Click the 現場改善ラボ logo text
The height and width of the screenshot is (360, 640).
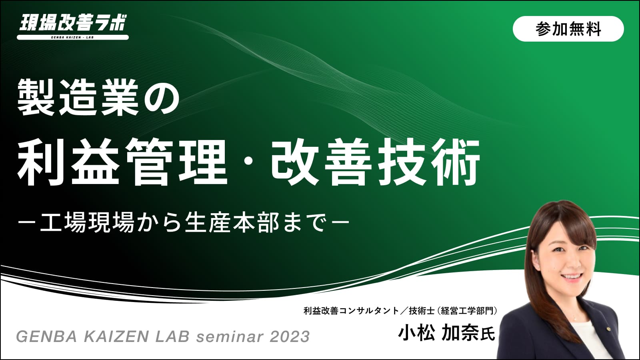pos(73,22)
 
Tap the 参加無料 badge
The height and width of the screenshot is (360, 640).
pos(568,29)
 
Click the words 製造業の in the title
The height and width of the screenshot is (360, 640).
pos(98,98)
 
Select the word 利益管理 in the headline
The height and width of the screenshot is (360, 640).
pos(122,162)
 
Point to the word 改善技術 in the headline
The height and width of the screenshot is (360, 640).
pos(376,162)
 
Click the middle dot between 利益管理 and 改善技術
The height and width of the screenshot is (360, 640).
pos(249,163)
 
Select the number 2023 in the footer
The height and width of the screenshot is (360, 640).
pos(290,336)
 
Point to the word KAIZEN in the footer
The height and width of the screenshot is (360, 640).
pos(116,336)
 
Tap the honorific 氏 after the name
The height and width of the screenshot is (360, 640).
pos(488,334)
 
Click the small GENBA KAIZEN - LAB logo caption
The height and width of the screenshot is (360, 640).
pos(72,37)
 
